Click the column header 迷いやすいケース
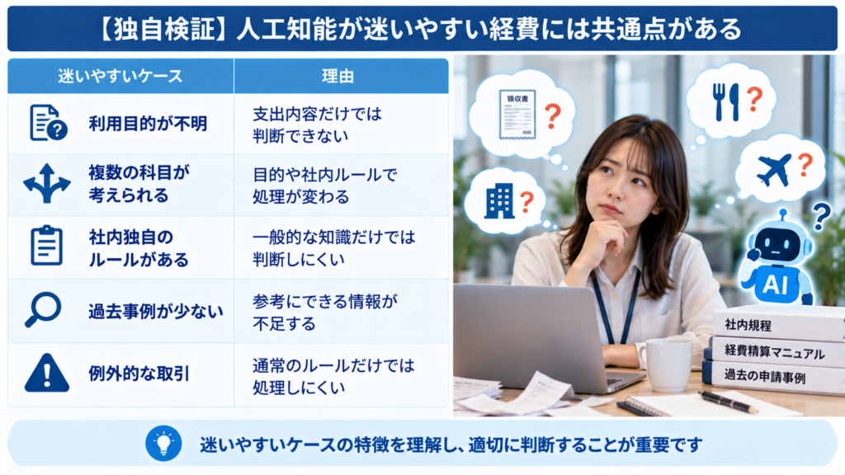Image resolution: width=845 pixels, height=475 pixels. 120,76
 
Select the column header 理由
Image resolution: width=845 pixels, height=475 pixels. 338,76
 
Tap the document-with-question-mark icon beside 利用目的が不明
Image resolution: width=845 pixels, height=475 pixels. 48,123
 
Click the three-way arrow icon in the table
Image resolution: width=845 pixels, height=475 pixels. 47,184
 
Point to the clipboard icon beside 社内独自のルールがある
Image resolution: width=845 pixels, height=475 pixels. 46,246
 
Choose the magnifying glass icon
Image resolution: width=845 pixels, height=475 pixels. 43,310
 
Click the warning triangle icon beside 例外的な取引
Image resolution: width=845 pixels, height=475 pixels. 47,373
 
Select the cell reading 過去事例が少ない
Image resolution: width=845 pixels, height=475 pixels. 156,311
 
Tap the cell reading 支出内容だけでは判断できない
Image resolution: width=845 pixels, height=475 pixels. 318,125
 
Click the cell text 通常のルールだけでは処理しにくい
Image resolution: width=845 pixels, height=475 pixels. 333,376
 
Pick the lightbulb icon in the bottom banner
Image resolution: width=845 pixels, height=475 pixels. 163,444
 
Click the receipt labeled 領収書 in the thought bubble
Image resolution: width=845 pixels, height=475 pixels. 517,114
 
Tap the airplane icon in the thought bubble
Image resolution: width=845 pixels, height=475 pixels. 774,169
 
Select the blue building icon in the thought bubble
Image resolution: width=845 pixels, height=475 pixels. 499,201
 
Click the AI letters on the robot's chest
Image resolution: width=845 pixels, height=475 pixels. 774,284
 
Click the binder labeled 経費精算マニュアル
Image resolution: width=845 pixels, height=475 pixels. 774,352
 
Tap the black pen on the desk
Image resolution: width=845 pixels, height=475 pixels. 728,402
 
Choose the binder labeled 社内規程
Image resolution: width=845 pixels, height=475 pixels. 779,324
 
